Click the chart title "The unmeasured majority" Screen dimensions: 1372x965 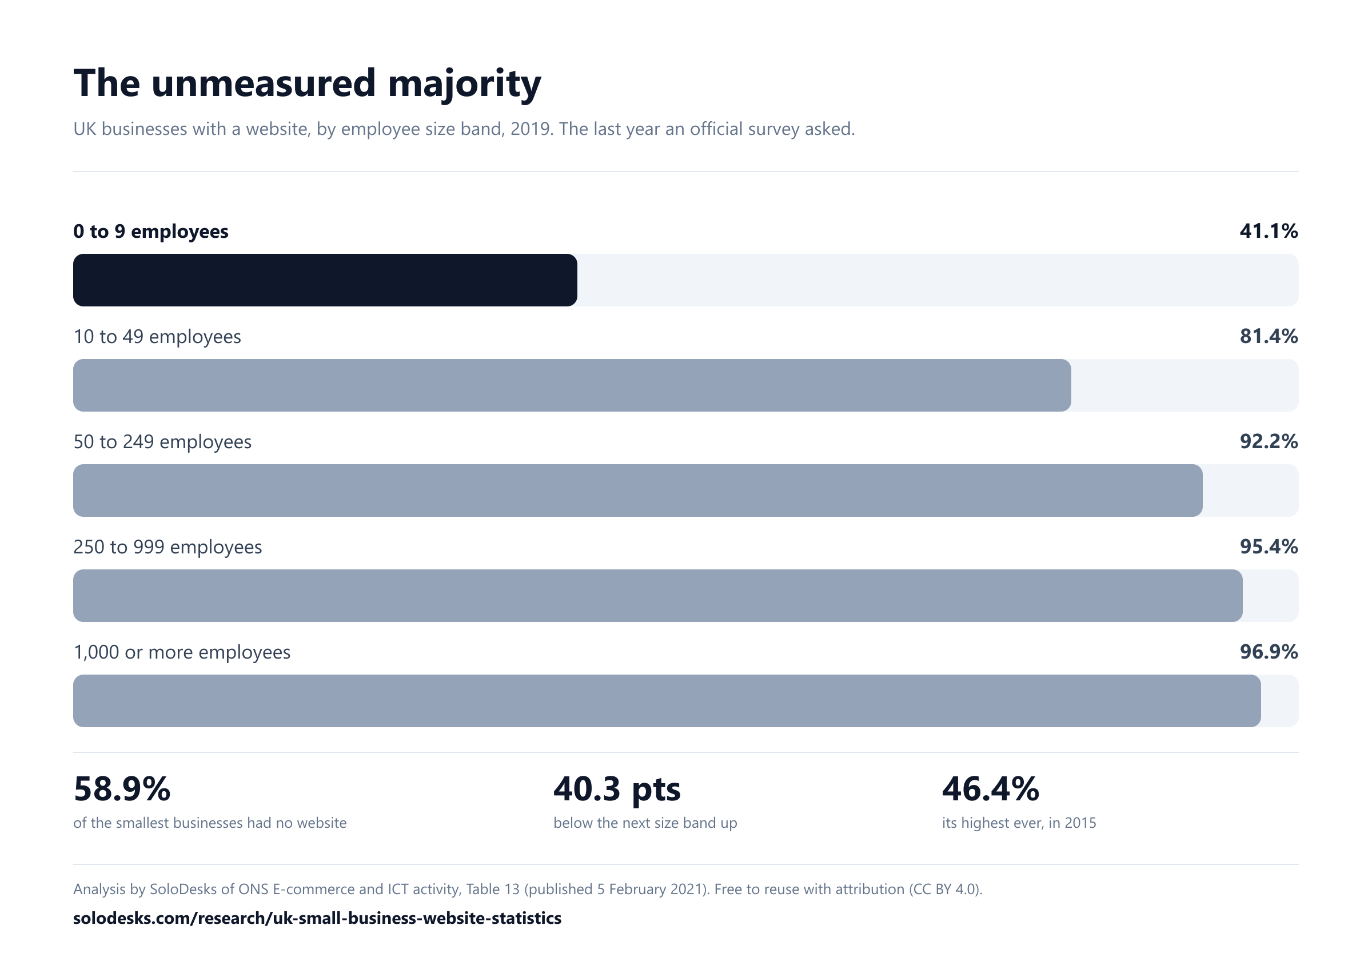[307, 83]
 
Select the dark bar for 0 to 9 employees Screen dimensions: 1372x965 [325, 280]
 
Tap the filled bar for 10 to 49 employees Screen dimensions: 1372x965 [572, 385]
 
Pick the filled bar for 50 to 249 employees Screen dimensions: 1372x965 [637, 491]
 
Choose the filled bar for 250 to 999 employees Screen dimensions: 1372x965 [658, 596]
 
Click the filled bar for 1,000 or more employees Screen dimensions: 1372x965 [667, 701]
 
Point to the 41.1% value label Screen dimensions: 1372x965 [1269, 231]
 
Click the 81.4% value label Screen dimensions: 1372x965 [1269, 336]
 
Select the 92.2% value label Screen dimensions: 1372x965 [1269, 441]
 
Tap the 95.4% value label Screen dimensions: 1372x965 [1269, 547]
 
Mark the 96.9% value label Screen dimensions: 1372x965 [1269, 652]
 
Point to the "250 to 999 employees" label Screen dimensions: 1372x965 [167, 547]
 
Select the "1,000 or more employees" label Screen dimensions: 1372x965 [182, 652]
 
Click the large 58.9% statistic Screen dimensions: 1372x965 [122, 789]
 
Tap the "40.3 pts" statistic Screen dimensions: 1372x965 [617, 790]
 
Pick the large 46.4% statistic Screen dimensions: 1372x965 [991, 789]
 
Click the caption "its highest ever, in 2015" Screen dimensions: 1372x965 [1019, 823]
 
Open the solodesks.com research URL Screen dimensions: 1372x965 [317, 918]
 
